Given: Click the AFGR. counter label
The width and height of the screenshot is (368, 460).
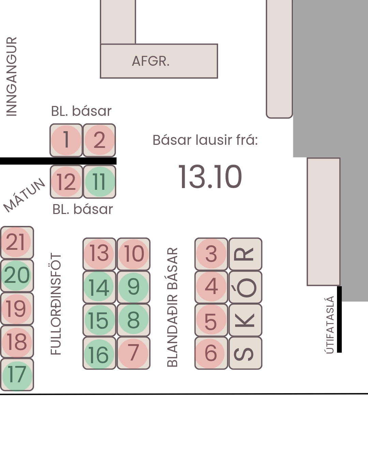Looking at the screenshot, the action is pos(151,61).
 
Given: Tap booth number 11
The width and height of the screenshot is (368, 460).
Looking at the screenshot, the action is pos(99,182).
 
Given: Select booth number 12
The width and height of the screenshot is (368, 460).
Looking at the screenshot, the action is pos(66,182).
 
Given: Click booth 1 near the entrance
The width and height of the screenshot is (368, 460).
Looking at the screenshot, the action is pos(66,140).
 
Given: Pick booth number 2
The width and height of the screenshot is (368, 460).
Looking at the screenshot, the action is pos(99,140).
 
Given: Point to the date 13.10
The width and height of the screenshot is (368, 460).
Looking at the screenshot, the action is pos(210,177).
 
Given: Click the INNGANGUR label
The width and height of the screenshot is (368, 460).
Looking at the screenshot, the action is pos(12,77).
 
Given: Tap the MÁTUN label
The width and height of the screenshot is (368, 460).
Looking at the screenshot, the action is pos(24,195).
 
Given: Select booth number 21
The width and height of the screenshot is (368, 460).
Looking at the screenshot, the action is pos(17,242).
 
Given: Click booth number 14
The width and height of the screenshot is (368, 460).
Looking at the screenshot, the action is pos(99,287).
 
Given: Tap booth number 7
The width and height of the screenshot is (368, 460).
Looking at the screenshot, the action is pos(134,353).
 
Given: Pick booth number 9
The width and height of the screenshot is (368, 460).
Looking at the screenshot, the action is pos(134,287).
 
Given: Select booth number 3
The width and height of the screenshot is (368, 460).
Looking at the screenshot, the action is pos(211,254).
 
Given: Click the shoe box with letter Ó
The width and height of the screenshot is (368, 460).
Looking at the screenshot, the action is pos(245,287).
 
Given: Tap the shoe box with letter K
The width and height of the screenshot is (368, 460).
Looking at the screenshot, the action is pos(245,320).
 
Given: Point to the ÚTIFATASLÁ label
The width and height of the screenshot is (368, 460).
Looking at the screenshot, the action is pos(329,325).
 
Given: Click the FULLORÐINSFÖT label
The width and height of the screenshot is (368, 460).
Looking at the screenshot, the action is pos(56,304).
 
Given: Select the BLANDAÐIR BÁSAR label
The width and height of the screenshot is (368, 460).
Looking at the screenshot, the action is pos(172,307).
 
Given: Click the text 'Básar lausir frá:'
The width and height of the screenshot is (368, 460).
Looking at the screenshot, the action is pos(205,140).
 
